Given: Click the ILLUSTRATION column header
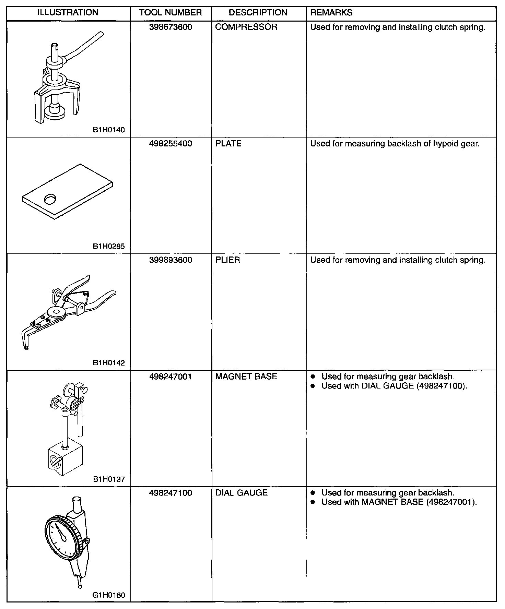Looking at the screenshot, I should [68, 13].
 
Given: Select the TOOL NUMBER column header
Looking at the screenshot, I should [171, 13].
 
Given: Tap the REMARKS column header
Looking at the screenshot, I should [331, 13].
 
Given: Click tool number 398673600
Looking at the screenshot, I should [171, 27].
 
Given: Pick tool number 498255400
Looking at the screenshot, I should [171, 144].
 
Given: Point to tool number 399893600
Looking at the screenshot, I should [171, 260].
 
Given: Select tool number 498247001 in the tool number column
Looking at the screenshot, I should [171, 377].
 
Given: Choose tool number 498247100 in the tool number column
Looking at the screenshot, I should [171, 493].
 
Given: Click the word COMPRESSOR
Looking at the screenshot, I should [246, 27].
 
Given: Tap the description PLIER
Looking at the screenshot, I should [227, 260].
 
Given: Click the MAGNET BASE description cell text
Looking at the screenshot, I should [246, 377].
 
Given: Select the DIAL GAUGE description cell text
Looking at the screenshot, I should [241, 493].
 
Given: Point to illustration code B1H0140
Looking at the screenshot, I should [109, 130].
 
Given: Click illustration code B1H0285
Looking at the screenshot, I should [109, 246].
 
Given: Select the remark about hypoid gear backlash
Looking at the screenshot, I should [395, 144].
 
